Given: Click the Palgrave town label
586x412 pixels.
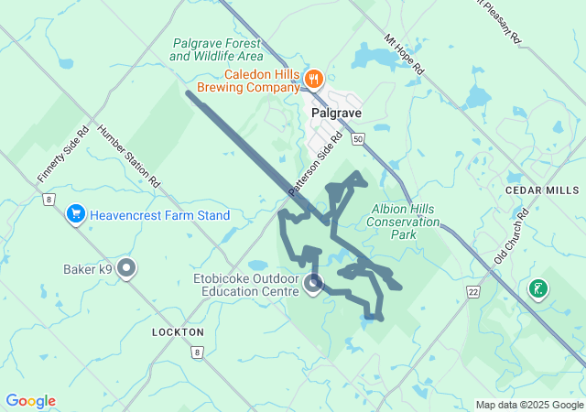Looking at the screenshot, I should [337, 114].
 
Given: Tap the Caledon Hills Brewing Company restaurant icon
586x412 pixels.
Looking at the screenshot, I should [313, 79].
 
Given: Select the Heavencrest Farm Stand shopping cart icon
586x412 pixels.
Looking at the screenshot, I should [76, 215].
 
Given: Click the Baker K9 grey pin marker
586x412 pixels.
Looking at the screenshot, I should [127, 269].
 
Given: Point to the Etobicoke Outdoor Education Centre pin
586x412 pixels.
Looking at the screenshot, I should [313, 283].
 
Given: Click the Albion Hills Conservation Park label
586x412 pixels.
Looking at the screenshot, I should [403, 222].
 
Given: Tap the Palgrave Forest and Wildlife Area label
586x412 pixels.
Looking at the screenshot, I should [215, 49].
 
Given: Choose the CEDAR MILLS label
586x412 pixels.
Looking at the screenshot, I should [542, 190].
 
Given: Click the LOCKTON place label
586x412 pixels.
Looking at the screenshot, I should [179, 331].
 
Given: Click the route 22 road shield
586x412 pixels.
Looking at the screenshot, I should [472, 291].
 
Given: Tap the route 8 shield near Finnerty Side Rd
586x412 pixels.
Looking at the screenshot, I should [49, 199].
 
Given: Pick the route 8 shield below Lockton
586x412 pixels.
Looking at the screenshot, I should [196, 352].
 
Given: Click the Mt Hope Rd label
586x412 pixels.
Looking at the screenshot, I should [404, 55].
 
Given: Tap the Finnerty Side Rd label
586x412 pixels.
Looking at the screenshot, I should [63, 152].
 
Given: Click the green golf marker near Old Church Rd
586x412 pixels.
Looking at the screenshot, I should [538, 290].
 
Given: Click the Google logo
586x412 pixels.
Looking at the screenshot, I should [30, 401].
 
